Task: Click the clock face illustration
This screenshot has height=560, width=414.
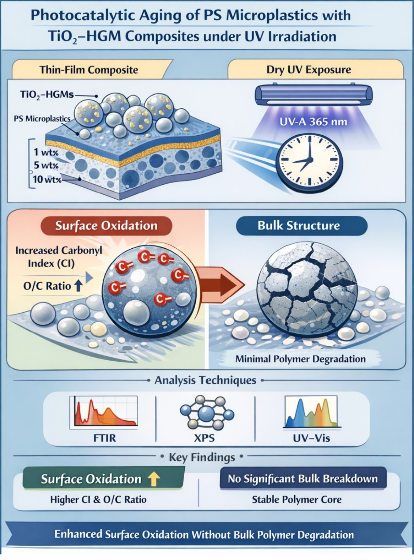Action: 309,160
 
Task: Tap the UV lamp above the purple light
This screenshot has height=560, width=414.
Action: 314,94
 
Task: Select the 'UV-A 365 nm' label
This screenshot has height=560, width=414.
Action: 313,121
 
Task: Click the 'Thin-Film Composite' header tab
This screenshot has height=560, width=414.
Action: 89,70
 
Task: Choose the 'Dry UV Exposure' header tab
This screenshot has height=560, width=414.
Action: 309,70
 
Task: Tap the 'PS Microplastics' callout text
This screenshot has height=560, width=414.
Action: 42,119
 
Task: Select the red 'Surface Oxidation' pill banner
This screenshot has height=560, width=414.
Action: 106,226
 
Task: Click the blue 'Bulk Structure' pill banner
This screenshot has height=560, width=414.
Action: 299,226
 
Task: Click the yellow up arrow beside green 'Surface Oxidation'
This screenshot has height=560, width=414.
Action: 154,479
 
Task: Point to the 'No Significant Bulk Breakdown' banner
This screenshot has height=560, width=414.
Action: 302,478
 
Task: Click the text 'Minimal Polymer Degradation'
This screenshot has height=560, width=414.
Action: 300,359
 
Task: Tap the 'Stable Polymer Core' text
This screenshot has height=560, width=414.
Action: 297,499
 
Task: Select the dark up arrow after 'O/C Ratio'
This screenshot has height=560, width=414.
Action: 78,286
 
